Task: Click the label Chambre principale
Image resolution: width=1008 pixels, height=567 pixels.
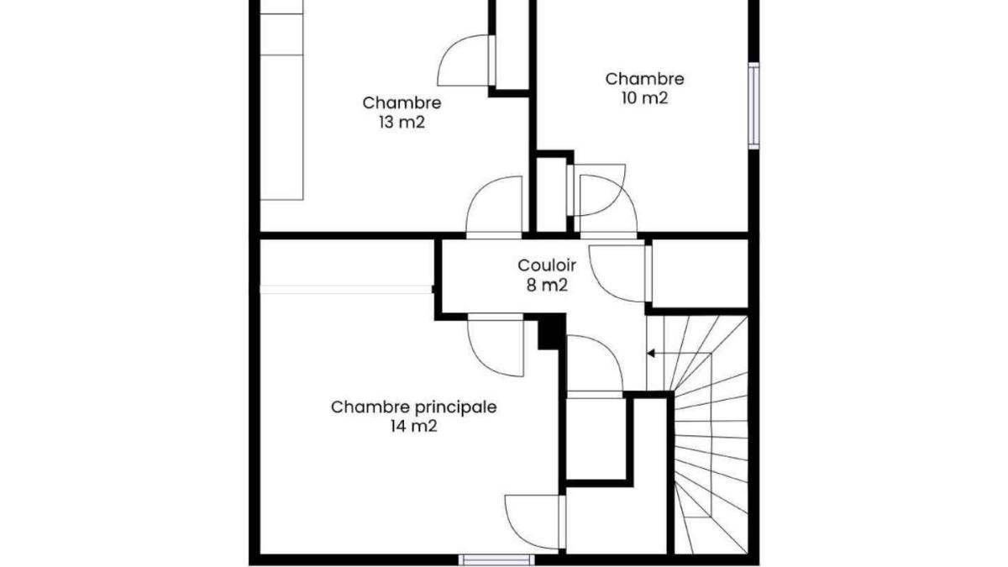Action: (413, 407)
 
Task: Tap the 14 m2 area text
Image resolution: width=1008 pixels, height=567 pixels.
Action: (413, 426)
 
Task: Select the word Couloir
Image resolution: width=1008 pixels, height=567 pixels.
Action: (547, 265)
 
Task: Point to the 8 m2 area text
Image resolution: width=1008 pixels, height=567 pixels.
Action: (547, 285)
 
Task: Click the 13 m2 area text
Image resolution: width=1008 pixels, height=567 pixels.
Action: (402, 122)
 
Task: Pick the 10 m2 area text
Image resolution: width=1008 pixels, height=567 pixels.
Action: (644, 97)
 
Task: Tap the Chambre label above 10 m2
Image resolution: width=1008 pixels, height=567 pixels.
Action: (644, 79)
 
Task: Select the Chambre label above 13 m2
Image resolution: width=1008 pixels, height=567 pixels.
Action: (402, 103)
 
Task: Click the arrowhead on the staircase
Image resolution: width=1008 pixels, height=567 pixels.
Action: (651, 354)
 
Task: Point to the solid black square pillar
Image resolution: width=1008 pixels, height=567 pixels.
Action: (552, 332)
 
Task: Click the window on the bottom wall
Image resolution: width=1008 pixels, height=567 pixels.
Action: (496, 559)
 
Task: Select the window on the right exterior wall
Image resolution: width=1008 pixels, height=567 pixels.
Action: (753, 106)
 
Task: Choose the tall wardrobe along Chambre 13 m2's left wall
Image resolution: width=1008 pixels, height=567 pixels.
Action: (281, 100)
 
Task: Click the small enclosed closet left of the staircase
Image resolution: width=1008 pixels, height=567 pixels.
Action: (596, 438)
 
